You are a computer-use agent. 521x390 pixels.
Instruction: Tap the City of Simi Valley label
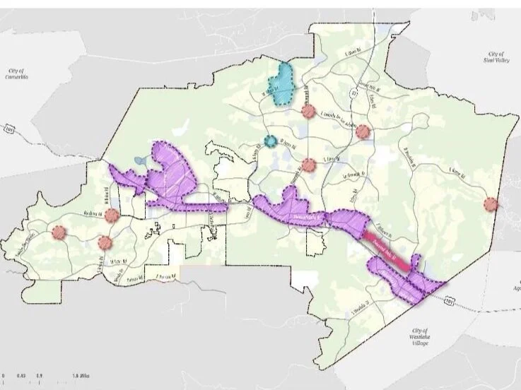click(496, 58)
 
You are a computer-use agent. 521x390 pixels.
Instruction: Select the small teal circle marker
click(271, 140)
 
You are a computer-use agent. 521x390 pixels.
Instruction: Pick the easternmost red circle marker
click(490, 205)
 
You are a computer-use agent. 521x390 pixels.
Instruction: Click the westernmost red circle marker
click(58, 232)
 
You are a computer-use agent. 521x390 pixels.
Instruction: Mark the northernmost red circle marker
click(308, 110)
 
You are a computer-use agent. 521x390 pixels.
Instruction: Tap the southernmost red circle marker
click(105, 242)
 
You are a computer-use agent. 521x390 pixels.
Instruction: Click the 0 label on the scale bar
click(4, 375)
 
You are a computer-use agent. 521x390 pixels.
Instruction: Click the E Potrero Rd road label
click(158, 276)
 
